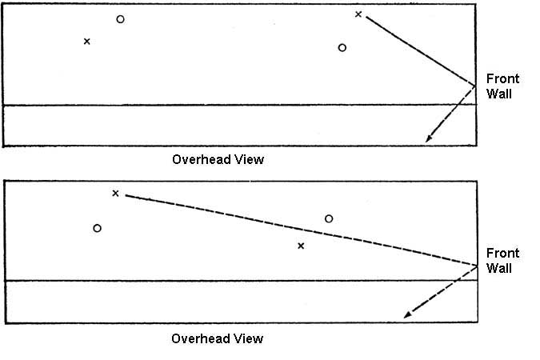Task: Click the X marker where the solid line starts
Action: [x=358, y=14]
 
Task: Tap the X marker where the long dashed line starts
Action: [x=115, y=193]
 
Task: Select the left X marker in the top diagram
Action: [x=86, y=41]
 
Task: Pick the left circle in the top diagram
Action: [x=120, y=19]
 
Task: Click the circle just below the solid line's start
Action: [x=342, y=47]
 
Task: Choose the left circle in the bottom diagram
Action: [x=97, y=228]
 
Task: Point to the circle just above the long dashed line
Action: [x=329, y=218]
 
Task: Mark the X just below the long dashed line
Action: [x=301, y=246]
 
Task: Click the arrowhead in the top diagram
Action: [x=429, y=140]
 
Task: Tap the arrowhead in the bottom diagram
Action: [x=407, y=314]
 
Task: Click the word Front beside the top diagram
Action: [x=502, y=78]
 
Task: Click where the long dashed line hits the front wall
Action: [x=477, y=265]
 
